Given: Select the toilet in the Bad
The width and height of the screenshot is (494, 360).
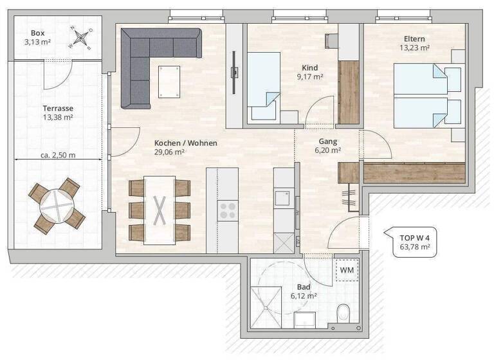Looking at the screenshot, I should (345, 314).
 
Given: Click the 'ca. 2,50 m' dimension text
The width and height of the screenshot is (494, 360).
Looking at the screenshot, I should (57, 156).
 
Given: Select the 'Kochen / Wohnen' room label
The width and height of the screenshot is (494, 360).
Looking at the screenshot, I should (185, 143).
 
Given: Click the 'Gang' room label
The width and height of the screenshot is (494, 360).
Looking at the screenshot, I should (328, 141).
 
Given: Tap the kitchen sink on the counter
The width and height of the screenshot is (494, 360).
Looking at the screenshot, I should (282, 198).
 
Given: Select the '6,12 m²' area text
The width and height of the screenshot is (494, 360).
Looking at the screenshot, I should (304, 296).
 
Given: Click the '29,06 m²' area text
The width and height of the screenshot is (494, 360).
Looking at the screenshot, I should (170, 153).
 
